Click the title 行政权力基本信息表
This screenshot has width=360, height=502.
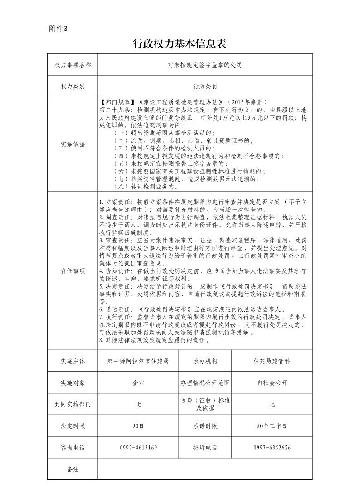pos(180,44)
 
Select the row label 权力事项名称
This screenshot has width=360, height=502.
pos(73,65)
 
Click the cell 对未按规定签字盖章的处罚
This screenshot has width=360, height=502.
pos(205,65)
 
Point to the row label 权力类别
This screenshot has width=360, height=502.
pos(73,86)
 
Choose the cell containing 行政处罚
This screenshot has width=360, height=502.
pos(205,86)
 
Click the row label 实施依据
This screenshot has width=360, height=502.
pos(73,145)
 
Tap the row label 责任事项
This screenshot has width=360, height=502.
pos(73,271)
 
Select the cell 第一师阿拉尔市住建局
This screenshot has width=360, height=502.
pos(138,361)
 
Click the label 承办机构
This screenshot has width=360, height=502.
pos(205,361)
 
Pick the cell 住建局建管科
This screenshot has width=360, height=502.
pos(272,361)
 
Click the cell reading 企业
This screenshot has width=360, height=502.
pos(138,383)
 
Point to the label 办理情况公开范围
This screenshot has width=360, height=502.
pos(205,383)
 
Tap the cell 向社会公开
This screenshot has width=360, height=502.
pos(272,383)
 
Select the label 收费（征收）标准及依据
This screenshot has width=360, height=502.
pos(205,404)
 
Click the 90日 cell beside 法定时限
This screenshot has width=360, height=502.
pos(138,426)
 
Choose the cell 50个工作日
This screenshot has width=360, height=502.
pos(272,426)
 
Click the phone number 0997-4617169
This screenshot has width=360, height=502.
pos(138,448)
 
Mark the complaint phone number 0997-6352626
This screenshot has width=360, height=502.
pos(272,448)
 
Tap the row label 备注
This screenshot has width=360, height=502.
pos(73,469)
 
